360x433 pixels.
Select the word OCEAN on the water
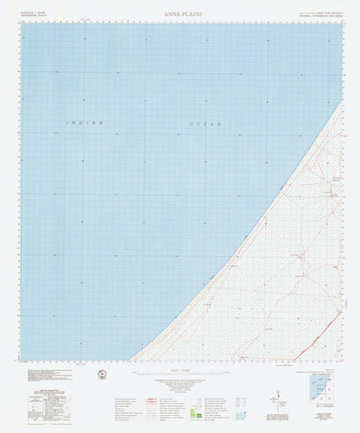(205, 123)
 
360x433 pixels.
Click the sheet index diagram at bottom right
(317, 389)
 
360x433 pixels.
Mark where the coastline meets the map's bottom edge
(132, 360)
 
